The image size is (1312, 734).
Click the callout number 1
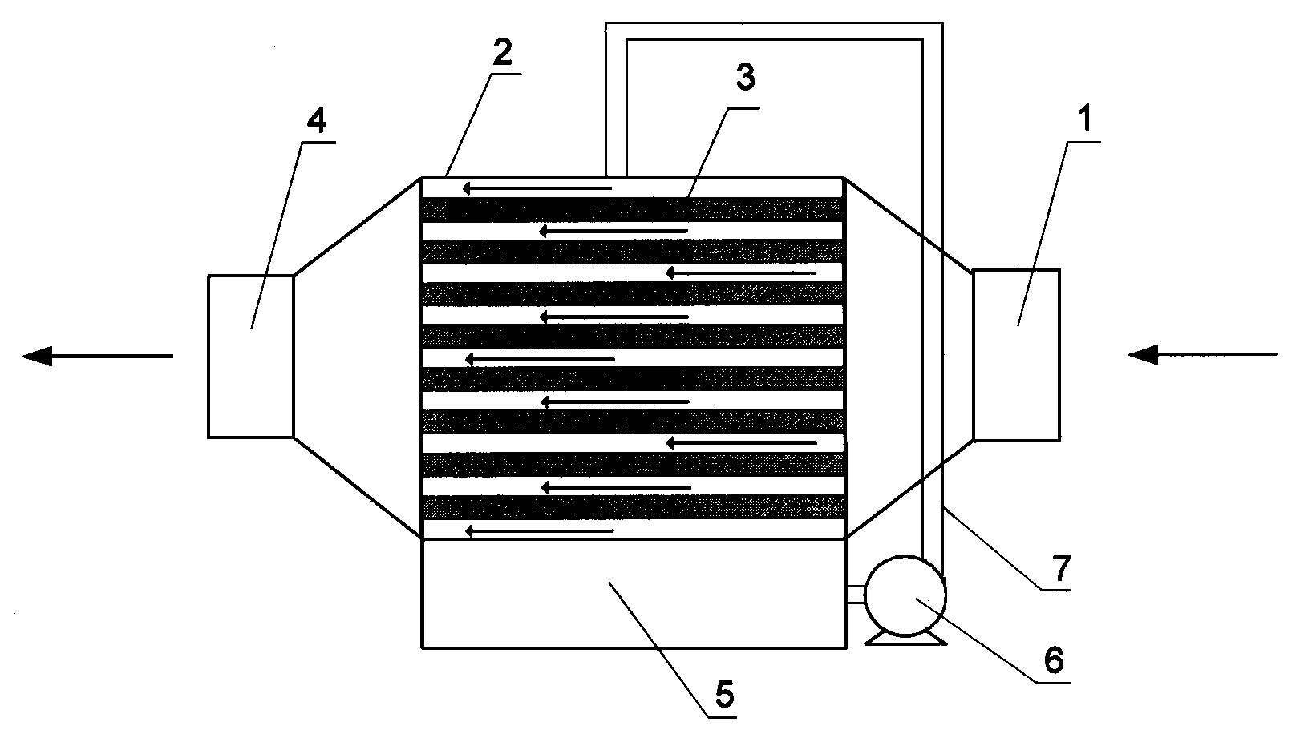[x=1085, y=119]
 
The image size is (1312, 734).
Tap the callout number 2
[x=502, y=52]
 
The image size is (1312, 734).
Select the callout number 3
[x=745, y=77]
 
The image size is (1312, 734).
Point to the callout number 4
[x=317, y=120]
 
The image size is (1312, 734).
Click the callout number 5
[x=724, y=695]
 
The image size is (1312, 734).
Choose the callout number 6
[x=1054, y=661]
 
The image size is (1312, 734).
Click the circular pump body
[x=905, y=595]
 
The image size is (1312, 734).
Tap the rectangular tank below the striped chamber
[x=634, y=594]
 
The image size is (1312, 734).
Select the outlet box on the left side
[x=251, y=356]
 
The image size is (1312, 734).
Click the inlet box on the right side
[x=1016, y=355]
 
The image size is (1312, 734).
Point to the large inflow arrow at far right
[x=1202, y=354]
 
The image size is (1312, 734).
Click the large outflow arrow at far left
[x=98, y=355]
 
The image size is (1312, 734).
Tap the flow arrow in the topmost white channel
[x=537, y=188]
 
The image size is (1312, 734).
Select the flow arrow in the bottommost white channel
[x=540, y=531]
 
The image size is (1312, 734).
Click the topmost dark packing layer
[x=634, y=210]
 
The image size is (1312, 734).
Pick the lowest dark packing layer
[x=634, y=507]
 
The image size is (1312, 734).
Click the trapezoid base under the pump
[x=905, y=639]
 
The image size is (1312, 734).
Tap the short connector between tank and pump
[x=856, y=595]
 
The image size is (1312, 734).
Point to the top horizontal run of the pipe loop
[x=774, y=31]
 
